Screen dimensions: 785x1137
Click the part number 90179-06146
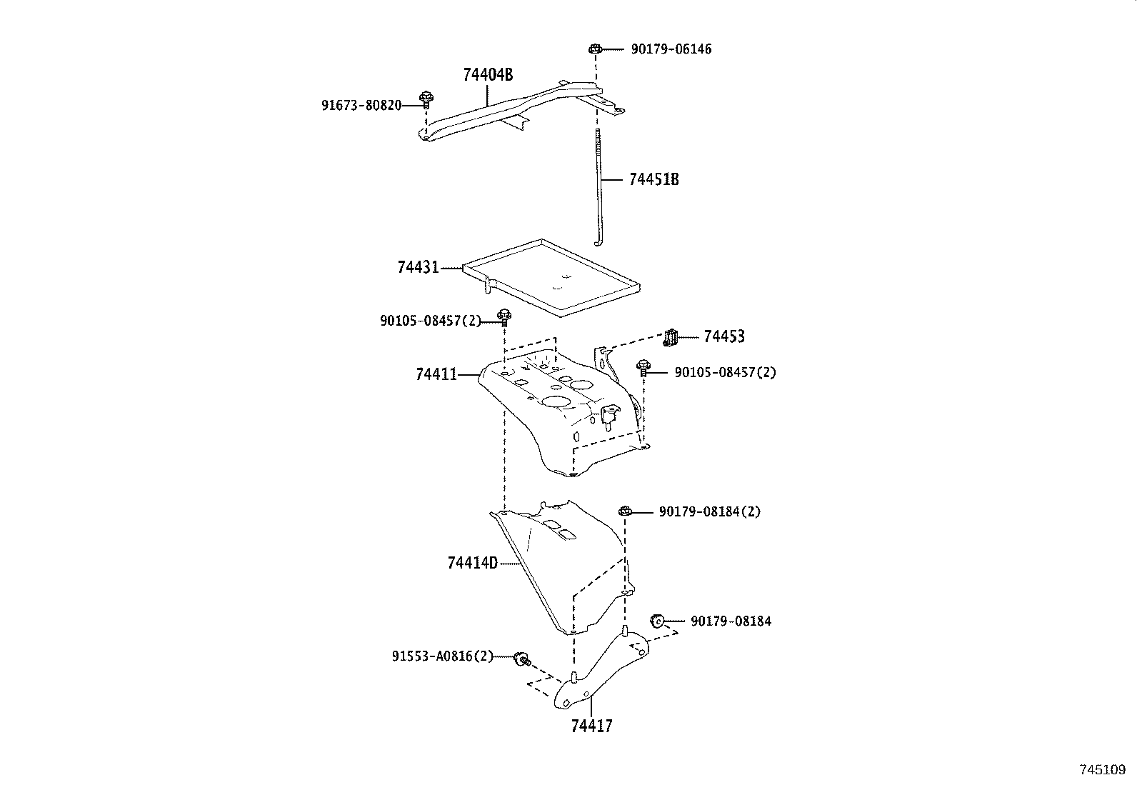671,49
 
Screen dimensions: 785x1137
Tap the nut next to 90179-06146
594,49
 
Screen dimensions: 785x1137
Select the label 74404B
488,74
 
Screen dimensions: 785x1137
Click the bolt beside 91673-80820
426,98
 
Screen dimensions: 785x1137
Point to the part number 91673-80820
361,106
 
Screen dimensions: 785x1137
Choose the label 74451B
653,179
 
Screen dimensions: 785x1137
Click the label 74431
418,268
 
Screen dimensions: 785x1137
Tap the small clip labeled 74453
670,337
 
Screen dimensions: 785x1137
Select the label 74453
723,336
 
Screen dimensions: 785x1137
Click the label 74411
436,374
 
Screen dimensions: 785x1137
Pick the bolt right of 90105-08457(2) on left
504,316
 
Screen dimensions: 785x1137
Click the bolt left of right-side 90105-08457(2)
643,369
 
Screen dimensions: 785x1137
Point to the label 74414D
472,563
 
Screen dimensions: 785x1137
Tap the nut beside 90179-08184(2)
624,511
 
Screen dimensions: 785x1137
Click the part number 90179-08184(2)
709,512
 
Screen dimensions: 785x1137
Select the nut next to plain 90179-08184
657,620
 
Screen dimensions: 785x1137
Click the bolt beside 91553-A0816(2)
522,658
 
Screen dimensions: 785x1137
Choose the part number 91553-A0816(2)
442,656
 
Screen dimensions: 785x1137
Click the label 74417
591,726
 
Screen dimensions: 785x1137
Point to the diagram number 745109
1102,770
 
